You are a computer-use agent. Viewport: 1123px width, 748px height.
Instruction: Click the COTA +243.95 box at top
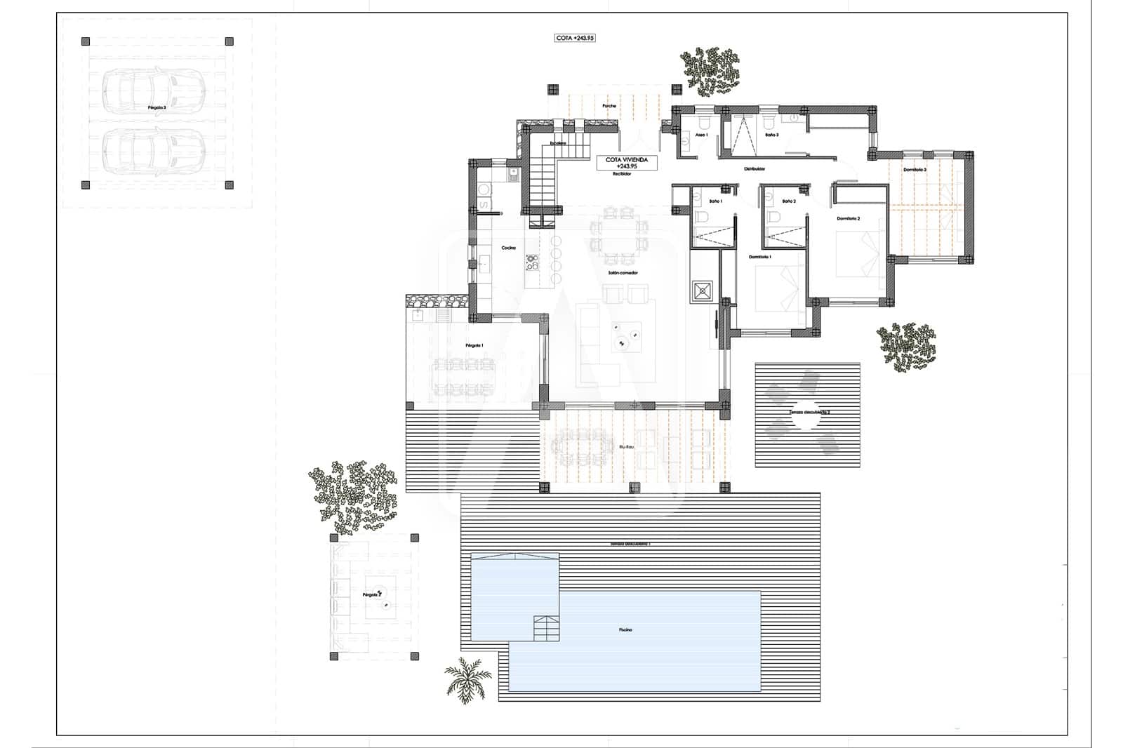575,38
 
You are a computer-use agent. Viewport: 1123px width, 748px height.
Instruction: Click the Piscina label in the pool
625,630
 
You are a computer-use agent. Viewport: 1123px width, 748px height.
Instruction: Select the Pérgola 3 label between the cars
157,108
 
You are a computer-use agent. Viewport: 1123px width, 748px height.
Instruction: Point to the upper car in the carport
153,88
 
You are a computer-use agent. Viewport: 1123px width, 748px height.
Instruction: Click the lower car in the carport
153,152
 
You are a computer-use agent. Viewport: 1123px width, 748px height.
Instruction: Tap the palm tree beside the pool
467,678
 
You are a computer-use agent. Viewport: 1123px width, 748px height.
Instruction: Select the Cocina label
508,248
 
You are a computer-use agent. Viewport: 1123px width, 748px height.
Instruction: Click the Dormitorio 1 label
760,258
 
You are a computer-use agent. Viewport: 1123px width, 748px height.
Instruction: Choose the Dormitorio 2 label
848,219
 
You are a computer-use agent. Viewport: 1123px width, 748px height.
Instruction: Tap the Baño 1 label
715,201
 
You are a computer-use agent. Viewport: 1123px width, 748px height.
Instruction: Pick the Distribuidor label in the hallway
755,169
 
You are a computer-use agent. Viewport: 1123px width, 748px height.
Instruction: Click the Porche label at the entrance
609,106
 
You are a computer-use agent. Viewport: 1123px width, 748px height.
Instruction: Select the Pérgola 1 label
474,346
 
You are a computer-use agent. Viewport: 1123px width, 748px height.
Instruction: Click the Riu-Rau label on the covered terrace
626,446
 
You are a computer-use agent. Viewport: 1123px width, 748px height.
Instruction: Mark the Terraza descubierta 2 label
809,413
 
